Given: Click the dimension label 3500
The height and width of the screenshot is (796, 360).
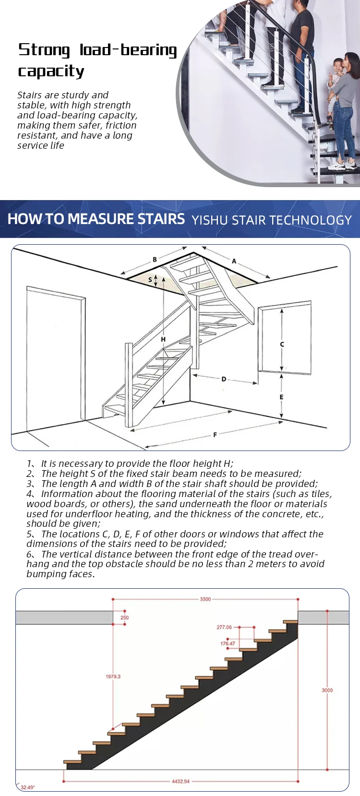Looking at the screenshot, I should pos(205,599).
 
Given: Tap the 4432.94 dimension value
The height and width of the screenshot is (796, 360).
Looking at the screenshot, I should pos(180,781).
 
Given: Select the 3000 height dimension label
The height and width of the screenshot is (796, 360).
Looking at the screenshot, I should pos(327,690).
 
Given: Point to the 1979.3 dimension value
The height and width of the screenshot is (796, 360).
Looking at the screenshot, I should pos(113,676).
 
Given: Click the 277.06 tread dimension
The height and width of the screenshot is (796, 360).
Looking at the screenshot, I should pos(224,627).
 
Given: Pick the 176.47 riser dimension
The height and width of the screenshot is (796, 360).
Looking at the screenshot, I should pos(228,643).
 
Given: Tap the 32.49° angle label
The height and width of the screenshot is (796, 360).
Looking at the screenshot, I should pos(27,787).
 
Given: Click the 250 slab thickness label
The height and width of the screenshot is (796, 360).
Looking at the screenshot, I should pos(124,618).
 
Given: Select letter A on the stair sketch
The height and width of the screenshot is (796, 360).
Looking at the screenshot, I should pos(234,261).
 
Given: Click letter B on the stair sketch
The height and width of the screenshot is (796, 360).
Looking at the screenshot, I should pos(155,260).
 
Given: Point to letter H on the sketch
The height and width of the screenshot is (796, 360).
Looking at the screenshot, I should pos(163,339).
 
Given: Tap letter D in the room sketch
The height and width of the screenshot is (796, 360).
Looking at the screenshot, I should pos(224,379).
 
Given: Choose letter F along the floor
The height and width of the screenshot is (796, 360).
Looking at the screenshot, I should pos(215,435).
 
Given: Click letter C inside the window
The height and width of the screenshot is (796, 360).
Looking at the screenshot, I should pos(282,344).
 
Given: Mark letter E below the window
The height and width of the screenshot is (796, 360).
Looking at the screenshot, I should pos(281,397).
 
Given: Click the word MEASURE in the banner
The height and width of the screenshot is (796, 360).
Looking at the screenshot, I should pos(101,219).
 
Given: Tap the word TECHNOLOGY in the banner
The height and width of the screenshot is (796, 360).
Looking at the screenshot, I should pos(310,220).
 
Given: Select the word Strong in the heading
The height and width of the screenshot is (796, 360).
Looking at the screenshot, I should pos(44,50).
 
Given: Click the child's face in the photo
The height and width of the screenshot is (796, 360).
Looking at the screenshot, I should pos(338,65).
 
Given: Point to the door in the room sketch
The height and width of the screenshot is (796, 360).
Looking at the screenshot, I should pos(55,360).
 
